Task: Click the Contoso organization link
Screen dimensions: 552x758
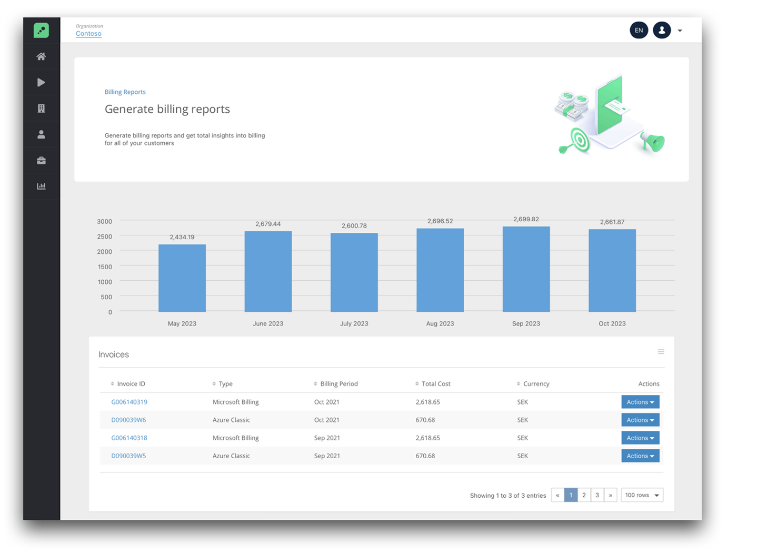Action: click(x=88, y=34)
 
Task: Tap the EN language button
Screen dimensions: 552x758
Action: click(x=639, y=31)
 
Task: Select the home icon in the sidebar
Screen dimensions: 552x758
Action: click(x=41, y=57)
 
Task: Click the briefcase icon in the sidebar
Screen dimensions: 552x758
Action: click(x=41, y=161)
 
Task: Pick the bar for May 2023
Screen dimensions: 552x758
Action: click(x=182, y=278)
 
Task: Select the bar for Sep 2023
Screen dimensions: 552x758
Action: click(x=526, y=269)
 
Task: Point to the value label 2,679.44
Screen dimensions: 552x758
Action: click(x=268, y=224)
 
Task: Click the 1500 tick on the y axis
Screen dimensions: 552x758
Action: click(x=105, y=267)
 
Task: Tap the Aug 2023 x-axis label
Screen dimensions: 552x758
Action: click(x=440, y=323)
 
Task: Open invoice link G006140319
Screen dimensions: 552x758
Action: click(x=129, y=402)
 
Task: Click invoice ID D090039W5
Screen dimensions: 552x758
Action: click(x=128, y=456)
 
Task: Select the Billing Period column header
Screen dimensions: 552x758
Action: click(x=338, y=384)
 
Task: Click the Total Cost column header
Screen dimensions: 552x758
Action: click(x=436, y=384)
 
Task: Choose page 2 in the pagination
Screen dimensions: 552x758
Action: click(x=584, y=495)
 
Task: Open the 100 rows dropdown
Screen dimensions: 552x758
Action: click(x=642, y=495)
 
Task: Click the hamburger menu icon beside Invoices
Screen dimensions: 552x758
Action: click(x=661, y=352)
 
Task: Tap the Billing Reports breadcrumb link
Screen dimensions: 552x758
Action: click(x=125, y=92)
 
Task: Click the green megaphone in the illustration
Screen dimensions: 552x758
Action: click(x=653, y=142)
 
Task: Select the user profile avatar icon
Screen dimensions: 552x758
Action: click(x=662, y=31)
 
